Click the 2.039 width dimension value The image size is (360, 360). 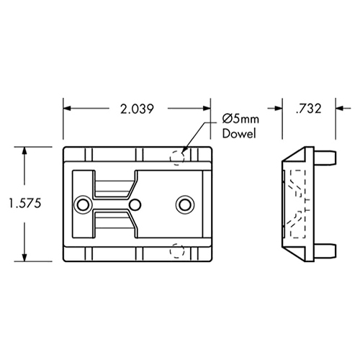(x=138, y=109)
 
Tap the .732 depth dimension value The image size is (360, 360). (x=308, y=109)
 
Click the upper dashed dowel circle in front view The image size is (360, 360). (x=179, y=156)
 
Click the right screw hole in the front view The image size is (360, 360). (x=185, y=204)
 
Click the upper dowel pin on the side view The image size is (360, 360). (x=328, y=156)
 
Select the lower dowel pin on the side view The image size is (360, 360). (x=328, y=251)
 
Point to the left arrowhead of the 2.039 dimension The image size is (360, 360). (x=68, y=109)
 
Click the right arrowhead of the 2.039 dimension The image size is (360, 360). (x=210, y=109)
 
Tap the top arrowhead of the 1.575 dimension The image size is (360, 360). (x=27, y=152)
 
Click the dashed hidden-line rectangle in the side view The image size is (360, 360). (x=296, y=204)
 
